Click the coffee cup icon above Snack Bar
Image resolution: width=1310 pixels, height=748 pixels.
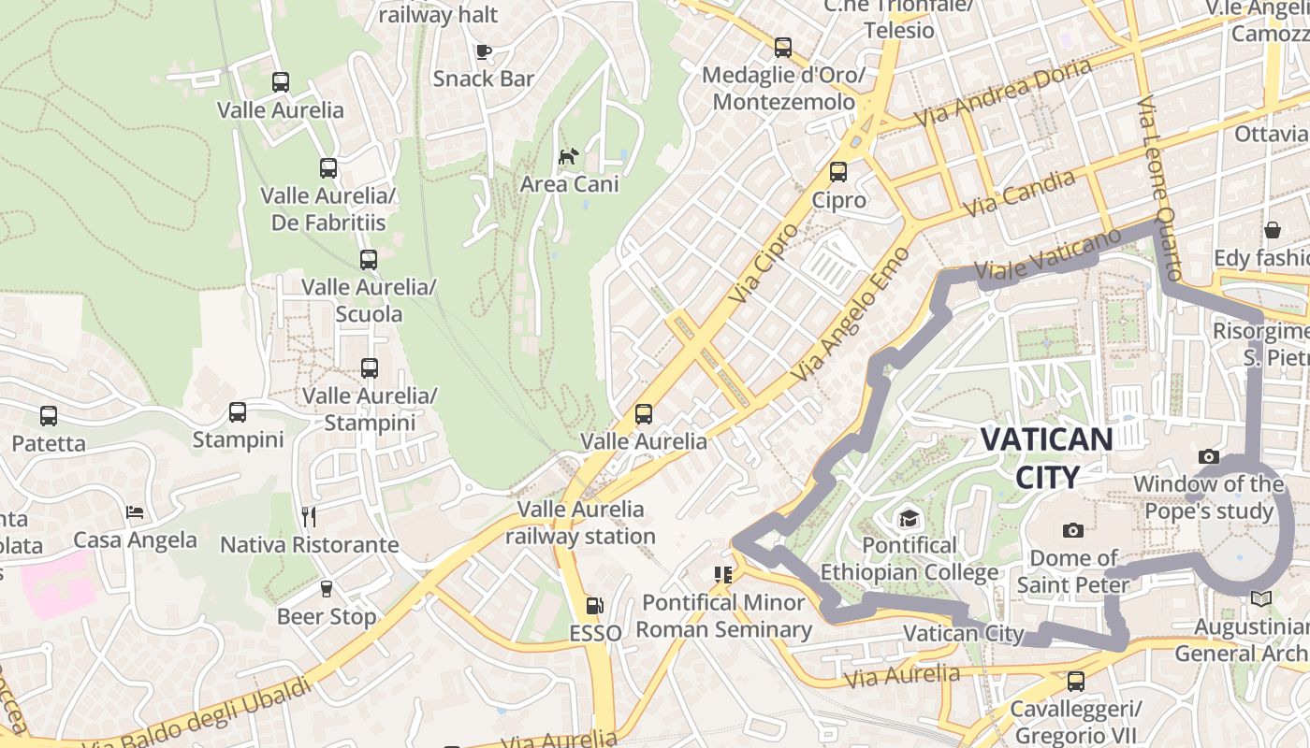click(484, 51)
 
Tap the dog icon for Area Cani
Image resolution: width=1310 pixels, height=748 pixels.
click(568, 156)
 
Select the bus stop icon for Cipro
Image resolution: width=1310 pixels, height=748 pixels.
click(838, 172)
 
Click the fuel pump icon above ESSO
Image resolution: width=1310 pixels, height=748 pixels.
click(594, 606)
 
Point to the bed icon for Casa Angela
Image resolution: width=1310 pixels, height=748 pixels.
click(135, 512)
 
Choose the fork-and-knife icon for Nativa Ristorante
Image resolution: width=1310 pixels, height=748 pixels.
click(309, 516)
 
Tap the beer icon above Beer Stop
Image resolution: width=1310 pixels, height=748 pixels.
click(326, 588)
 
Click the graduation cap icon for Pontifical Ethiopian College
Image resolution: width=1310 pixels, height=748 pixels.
click(909, 518)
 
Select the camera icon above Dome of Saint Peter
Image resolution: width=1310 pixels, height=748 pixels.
click(1073, 530)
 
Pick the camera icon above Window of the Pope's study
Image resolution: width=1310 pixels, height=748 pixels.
click(1209, 456)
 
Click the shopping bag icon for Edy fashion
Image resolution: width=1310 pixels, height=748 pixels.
click(1273, 230)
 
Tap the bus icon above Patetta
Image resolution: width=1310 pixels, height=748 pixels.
click(49, 415)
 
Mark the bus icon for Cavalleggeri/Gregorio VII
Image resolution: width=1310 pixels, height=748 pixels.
click(1076, 681)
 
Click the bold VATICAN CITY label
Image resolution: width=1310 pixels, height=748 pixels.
click(1047, 457)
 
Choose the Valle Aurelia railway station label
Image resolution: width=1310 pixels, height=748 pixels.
click(581, 523)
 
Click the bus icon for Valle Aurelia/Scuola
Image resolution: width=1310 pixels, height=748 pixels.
click(369, 260)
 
